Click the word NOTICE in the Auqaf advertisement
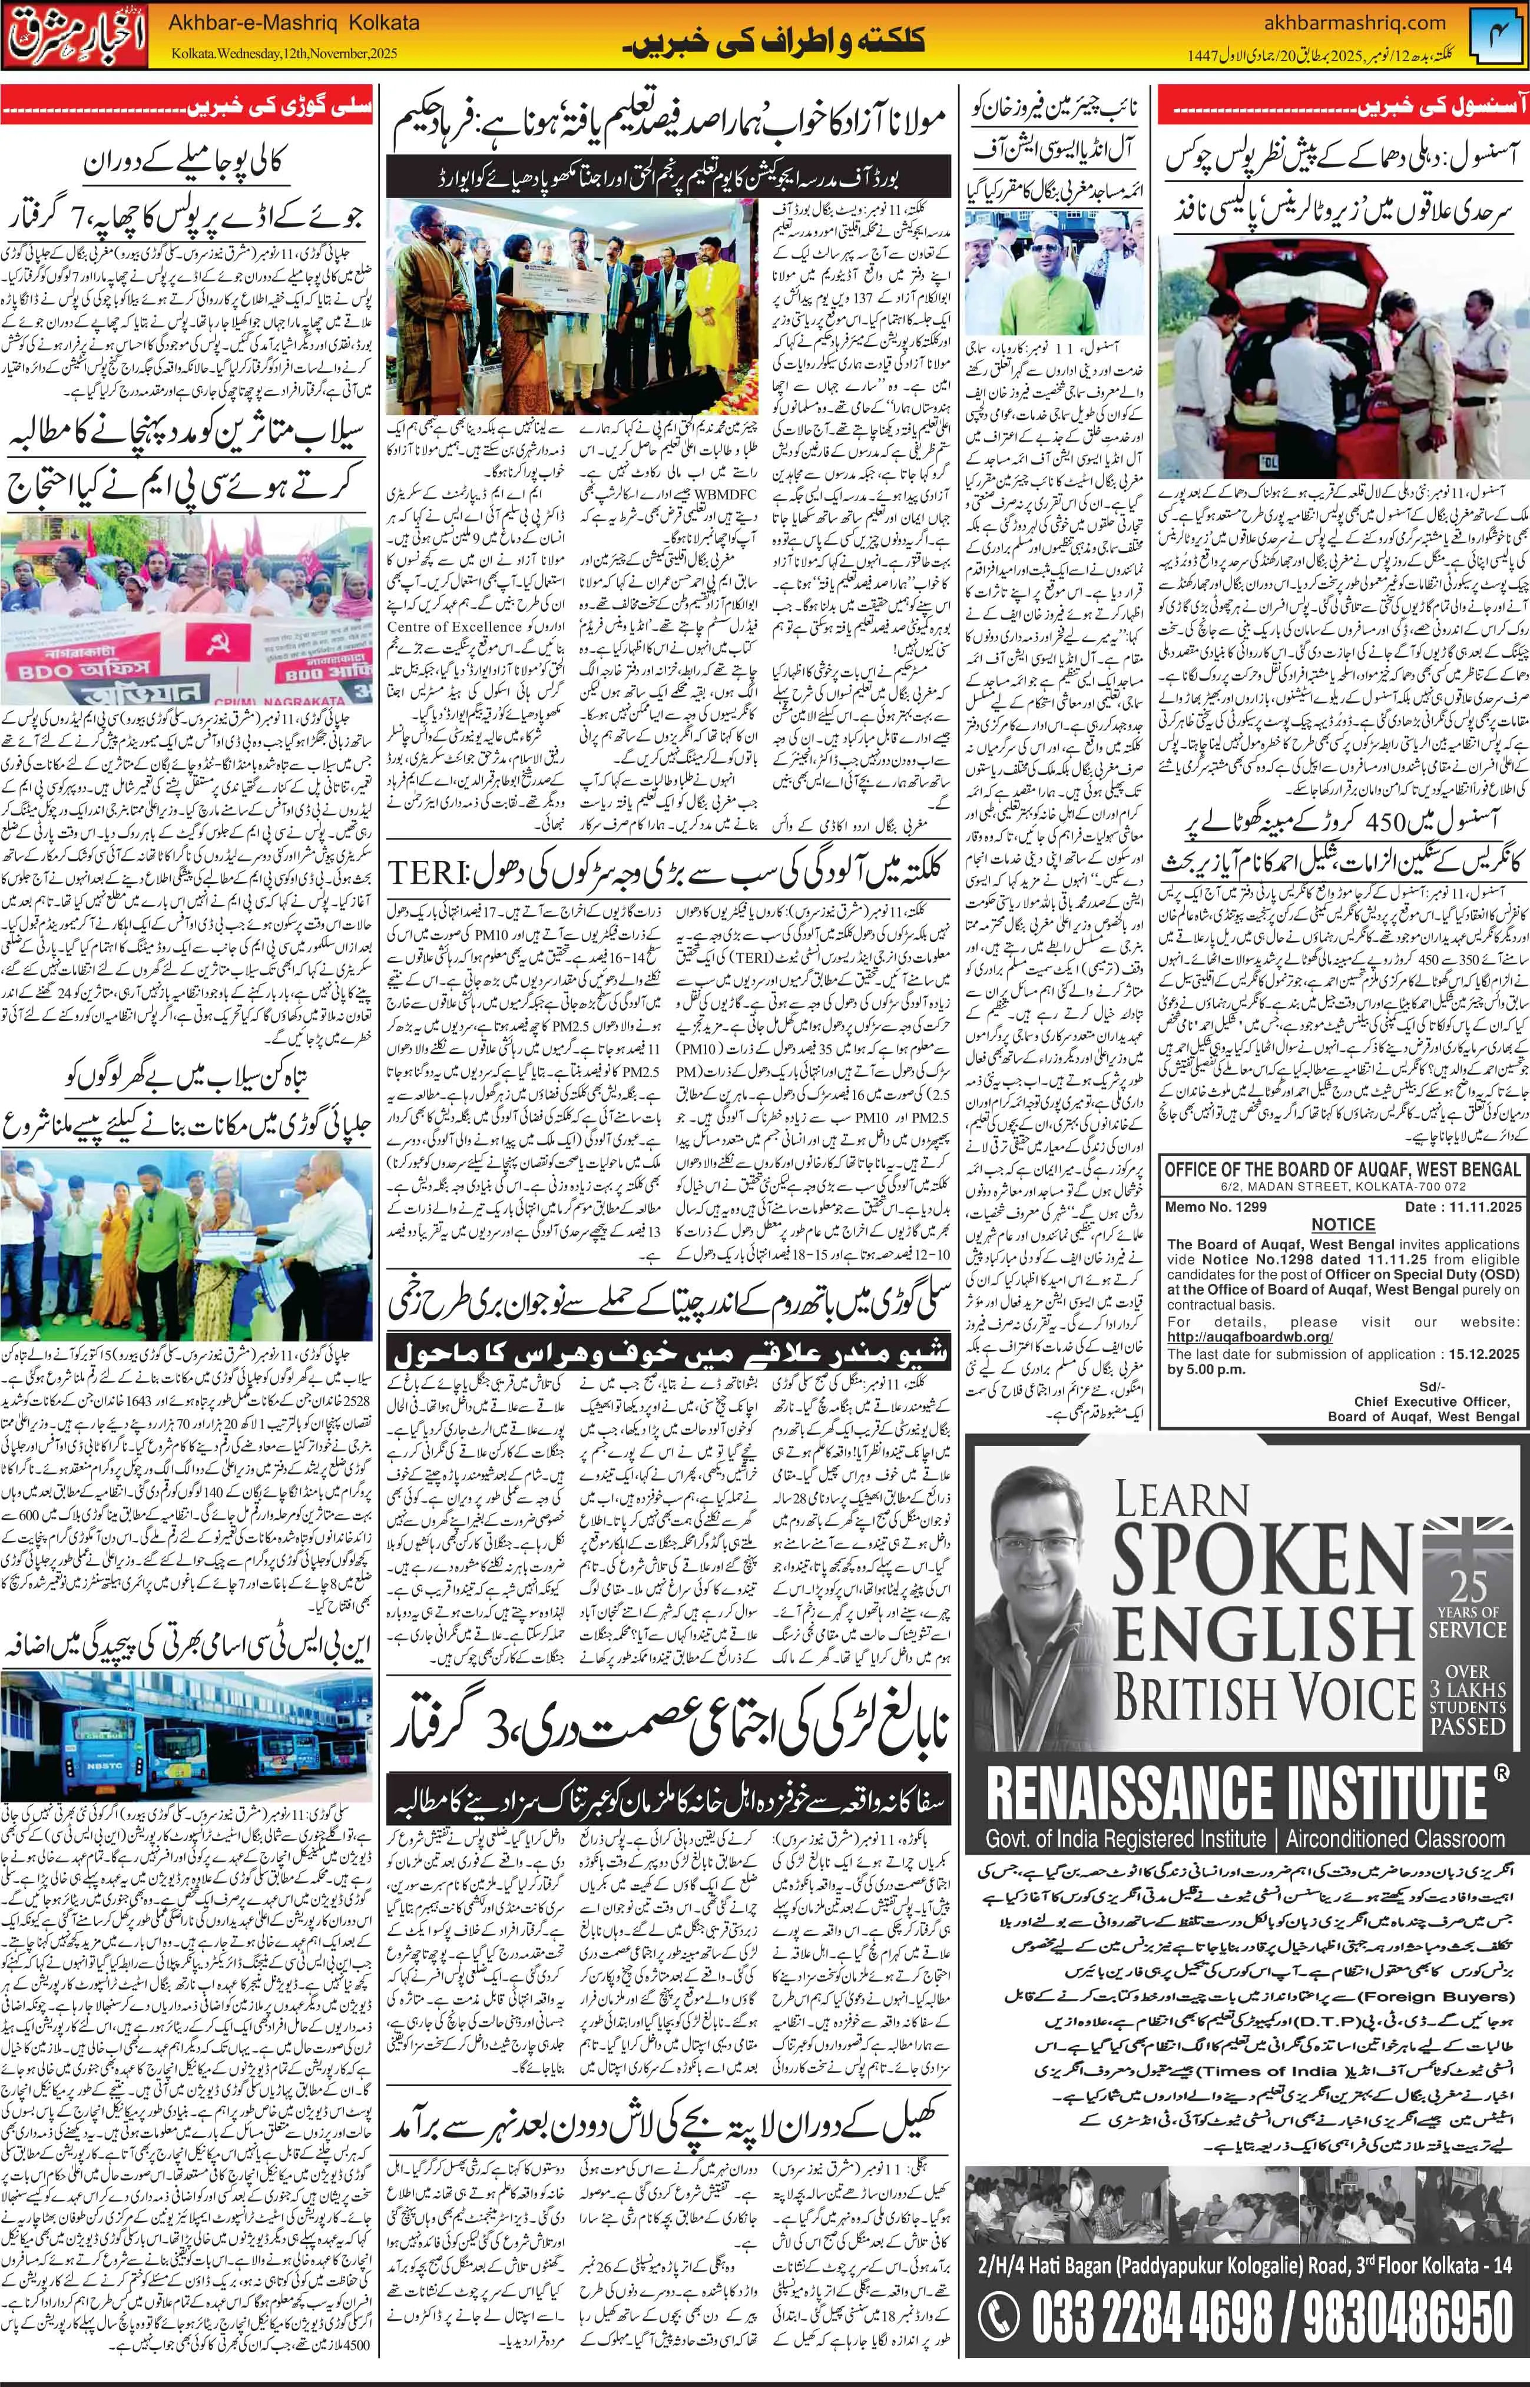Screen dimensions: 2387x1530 [1342, 1225]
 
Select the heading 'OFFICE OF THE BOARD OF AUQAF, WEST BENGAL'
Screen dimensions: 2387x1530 [1341, 1169]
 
